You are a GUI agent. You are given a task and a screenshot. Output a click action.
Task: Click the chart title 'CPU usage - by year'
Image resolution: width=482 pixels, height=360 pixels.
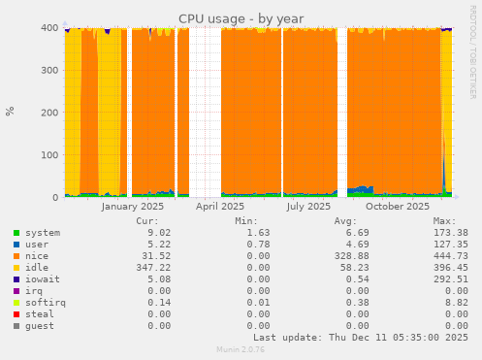pos(241,18)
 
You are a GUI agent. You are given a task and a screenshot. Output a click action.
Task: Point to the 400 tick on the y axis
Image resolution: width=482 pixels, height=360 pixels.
pos(48,27)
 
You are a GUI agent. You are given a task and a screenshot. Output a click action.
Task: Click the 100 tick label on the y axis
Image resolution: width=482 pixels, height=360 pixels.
pos(48,154)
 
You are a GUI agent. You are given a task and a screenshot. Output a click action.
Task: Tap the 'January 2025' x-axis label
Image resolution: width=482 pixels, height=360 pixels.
pos(133,206)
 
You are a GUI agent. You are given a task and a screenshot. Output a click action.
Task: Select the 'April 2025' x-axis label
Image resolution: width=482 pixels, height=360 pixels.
pos(220,206)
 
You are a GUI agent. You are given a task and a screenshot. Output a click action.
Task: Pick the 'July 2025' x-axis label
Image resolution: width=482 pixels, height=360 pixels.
pos(308,206)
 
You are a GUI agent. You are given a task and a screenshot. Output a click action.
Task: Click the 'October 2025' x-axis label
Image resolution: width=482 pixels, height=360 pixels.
pos(398,206)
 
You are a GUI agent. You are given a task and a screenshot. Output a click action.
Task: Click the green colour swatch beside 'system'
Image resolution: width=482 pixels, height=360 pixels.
pos(16,233)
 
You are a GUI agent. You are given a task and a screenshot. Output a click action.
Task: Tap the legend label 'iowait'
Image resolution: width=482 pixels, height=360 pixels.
pos(43,279)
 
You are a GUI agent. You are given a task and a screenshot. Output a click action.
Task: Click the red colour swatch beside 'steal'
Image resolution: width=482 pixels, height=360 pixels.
pos(16,314)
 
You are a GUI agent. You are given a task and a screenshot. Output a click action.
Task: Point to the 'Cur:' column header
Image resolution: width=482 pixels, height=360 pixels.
pos(159,220)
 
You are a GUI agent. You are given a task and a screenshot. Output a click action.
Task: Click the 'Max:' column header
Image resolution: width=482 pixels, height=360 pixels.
pos(456,220)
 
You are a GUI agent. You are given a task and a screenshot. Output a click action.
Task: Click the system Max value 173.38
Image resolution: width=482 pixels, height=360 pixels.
pos(450,233)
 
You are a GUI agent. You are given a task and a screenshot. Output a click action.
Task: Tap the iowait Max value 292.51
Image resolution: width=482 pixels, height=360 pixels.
pos(450,279)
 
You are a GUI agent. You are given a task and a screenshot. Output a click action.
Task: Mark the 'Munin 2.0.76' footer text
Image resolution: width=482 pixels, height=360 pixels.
pos(241,350)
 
